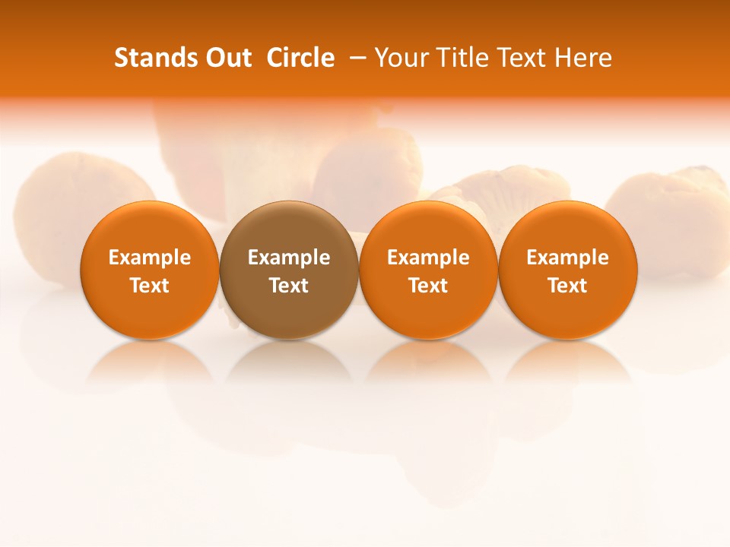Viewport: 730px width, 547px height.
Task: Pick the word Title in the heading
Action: tap(461, 58)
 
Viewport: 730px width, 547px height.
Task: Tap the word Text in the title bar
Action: tap(520, 58)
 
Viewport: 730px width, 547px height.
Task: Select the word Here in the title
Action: tap(583, 58)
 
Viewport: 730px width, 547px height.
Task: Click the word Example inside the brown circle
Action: tap(289, 258)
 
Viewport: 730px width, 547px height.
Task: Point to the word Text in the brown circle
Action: tap(289, 286)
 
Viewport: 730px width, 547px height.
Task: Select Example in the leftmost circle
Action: tap(150, 258)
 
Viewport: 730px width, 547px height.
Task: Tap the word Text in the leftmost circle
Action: tap(150, 286)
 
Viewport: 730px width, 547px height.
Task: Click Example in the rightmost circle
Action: tap(568, 258)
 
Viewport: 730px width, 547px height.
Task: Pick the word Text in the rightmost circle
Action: tap(568, 286)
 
